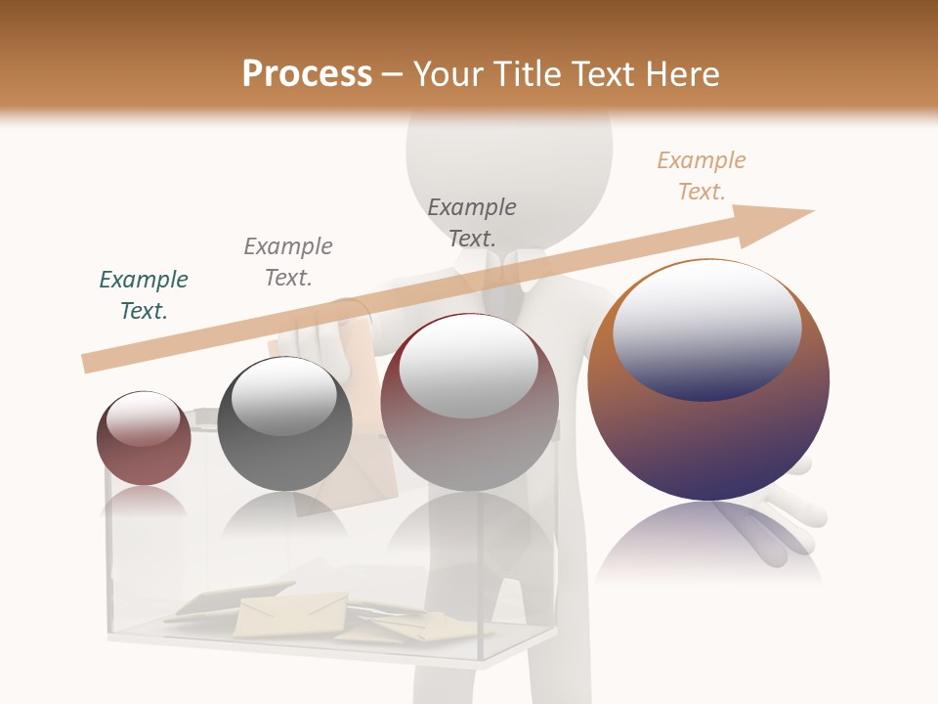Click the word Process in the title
point(307,74)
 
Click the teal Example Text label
point(144,294)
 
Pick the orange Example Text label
point(701,176)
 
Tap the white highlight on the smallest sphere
point(143,418)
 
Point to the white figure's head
point(509,156)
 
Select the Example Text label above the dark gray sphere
point(288,261)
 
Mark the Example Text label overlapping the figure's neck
point(472,222)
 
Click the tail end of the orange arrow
point(91,363)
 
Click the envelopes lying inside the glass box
point(293,613)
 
